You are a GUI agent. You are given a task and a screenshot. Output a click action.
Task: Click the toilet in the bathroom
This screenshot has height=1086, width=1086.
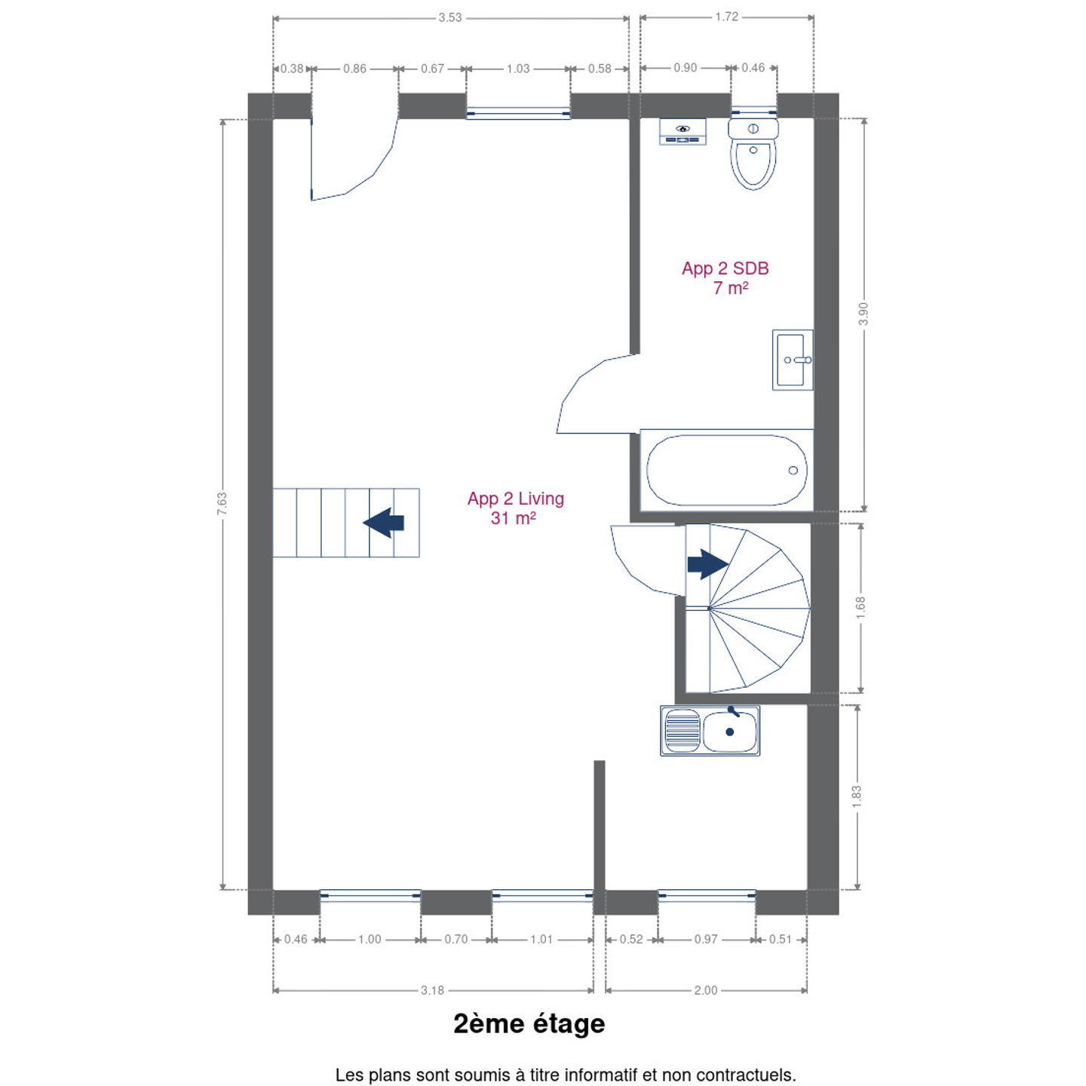[753, 153]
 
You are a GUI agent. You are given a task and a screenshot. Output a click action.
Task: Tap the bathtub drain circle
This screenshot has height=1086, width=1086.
[793, 471]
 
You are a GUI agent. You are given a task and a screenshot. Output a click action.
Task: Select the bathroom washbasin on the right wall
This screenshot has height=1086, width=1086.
[793, 360]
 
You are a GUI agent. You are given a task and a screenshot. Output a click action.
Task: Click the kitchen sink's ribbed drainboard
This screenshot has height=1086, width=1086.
[683, 731]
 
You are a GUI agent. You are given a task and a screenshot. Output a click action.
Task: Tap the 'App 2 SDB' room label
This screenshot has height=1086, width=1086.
[726, 268]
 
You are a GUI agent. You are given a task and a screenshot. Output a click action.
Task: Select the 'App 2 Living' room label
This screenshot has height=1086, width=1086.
[516, 499]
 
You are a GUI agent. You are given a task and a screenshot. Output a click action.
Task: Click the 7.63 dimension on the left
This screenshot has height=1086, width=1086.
[222, 503]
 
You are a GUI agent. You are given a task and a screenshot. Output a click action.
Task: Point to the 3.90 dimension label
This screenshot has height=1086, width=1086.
[864, 314]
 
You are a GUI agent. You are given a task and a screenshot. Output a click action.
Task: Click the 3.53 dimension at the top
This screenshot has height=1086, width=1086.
[450, 17]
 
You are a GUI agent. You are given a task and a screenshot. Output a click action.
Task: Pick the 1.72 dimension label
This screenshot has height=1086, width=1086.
[726, 17]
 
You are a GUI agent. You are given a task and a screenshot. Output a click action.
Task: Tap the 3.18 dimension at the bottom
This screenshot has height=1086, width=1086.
[432, 990]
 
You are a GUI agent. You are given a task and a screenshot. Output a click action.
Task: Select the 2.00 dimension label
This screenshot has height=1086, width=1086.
[706, 990]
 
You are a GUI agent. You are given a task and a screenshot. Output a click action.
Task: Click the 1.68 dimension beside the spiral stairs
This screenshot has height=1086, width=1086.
[860, 608]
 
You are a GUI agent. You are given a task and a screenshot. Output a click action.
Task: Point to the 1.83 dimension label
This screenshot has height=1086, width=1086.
[857, 797]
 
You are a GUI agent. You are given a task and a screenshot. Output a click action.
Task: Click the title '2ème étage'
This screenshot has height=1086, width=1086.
[529, 1024]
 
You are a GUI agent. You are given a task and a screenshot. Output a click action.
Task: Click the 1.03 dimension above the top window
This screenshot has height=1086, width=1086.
[518, 69]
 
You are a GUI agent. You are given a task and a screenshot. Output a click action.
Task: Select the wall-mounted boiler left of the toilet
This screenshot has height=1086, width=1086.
[683, 131]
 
